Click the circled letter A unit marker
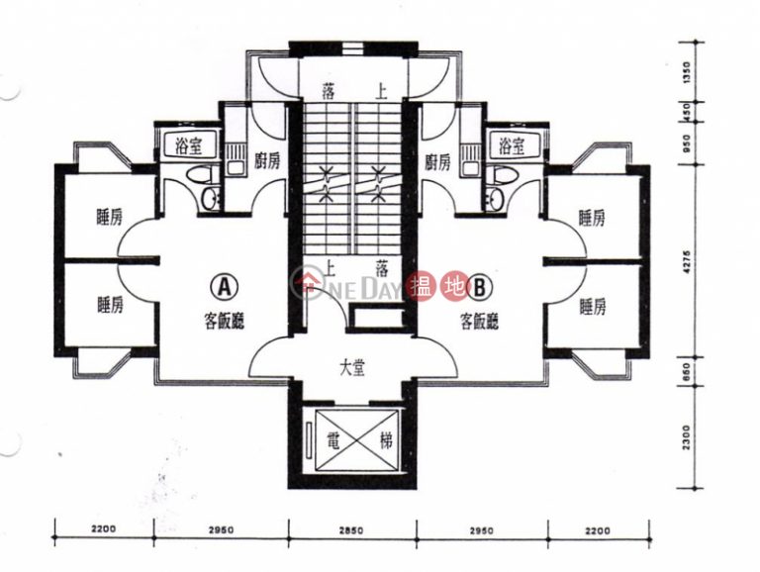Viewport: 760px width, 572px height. pyautogui.click(x=224, y=287)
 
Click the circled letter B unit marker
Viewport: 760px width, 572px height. pyautogui.click(x=479, y=287)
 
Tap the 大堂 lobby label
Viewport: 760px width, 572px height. pyautogui.click(x=352, y=369)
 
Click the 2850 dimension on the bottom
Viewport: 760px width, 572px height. pyautogui.click(x=350, y=530)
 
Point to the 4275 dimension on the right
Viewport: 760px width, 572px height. pyautogui.click(x=688, y=262)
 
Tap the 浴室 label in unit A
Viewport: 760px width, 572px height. pyautogui.click(x=189, y=145)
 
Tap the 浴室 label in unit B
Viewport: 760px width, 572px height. pyautogui.click(x=513, y=145)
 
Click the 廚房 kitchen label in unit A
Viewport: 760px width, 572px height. pyautogui.click(x=267, y=161)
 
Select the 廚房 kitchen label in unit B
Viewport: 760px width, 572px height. pyautogui.click(x=437, y=162)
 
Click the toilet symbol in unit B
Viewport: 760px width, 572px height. pyautogui.click(x=499, y=175)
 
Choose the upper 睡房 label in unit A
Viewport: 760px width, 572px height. pyautogui.click(x=110, y=218)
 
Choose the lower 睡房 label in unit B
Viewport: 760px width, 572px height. pyautogui.click(x=593, y=307)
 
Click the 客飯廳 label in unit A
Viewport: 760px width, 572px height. pyautogui.click(x=224, y=321)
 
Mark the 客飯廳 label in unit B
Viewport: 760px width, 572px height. pyautogui.click(x=479, y=321)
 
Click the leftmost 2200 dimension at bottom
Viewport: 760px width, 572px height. pyautogui.click(x=103, y=528)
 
